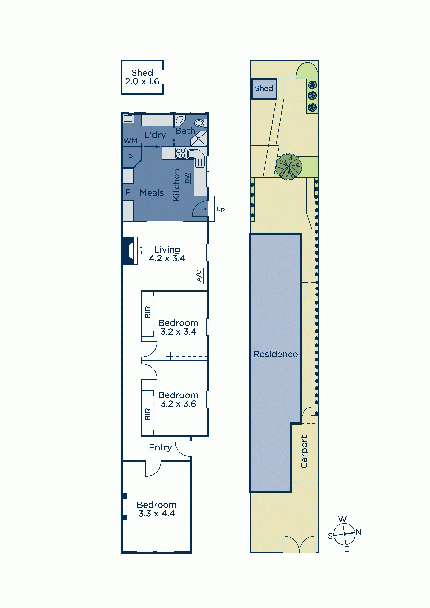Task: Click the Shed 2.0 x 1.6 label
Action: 142,77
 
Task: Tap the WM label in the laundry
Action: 131,141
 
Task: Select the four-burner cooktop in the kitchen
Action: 180,153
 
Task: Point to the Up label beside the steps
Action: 221,209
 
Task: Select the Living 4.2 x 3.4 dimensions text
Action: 167,258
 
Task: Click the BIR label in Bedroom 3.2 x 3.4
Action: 148,312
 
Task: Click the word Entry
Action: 160,447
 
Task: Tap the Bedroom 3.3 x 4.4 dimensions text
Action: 157,514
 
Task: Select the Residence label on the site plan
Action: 275,354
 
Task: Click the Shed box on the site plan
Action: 264,89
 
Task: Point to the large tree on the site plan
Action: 289,167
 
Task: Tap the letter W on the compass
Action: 342,519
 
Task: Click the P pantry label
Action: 130,157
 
